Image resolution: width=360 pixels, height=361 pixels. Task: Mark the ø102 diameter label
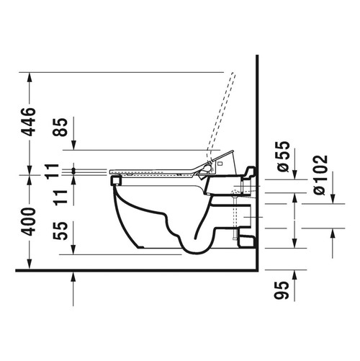click(x=320, y=175)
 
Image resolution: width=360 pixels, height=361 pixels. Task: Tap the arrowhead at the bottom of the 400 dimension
click(x=29, y=263)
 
